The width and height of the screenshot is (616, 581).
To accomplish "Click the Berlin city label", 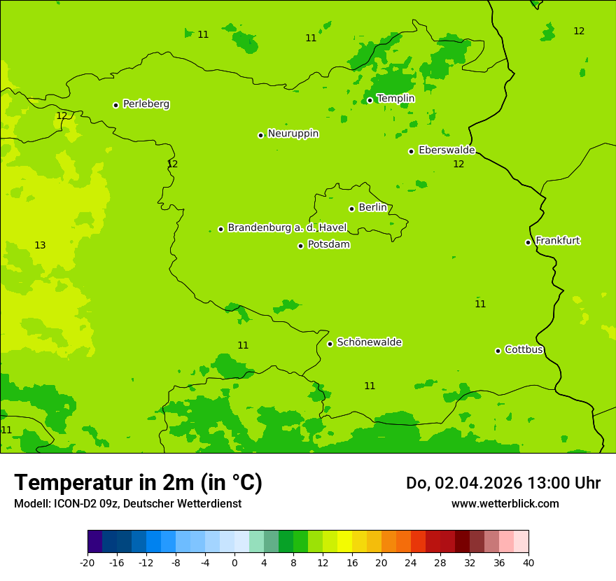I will (x=372, y=207).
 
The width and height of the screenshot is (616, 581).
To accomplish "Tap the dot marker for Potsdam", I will (x=301, y=246).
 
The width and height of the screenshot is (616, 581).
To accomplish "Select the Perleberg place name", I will (x=146, y=104).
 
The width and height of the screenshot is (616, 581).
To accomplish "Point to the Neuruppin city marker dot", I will (x=260, y=135).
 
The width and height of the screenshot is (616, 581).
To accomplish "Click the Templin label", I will (x=396, y=99).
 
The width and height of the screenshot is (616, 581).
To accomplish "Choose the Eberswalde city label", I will (x=447, y=150).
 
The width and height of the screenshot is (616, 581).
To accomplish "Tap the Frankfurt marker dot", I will (x=528, y=242).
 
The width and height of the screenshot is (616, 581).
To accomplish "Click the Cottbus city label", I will (x=524, y=349).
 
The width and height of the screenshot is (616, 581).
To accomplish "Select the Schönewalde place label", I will (x=370, y=342).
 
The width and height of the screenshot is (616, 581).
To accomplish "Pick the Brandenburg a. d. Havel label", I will (x=287, y=227).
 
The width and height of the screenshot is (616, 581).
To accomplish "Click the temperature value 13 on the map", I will (x=40, y=245).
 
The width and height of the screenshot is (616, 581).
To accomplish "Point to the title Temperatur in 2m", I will (x=138, y=483).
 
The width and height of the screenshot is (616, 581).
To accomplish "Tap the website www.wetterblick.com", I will (x=505, y=503).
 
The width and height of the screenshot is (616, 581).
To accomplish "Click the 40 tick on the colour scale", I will (x=528, y=563).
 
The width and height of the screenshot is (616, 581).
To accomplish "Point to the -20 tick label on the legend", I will (x=87, y=563).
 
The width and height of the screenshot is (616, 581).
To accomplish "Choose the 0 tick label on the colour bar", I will (x=234, y=563).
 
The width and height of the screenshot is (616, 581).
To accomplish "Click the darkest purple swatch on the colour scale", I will (x=94, y=542).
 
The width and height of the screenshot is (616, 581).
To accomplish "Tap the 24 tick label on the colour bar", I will (x=410, y=563).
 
